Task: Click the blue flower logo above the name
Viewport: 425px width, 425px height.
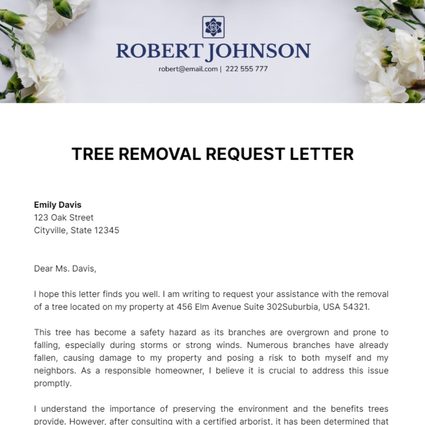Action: [213, 27]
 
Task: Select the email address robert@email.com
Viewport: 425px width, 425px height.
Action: [188, 69]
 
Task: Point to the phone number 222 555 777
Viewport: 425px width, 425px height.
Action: [246, 69]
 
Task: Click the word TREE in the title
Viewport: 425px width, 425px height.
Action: [93, 154]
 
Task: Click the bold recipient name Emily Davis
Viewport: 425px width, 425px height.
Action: [58, 205]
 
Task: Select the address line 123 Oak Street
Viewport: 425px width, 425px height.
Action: [64, 217]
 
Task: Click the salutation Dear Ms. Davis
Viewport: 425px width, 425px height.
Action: [65, 268]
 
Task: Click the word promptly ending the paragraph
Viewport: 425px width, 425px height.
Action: [52, 383]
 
